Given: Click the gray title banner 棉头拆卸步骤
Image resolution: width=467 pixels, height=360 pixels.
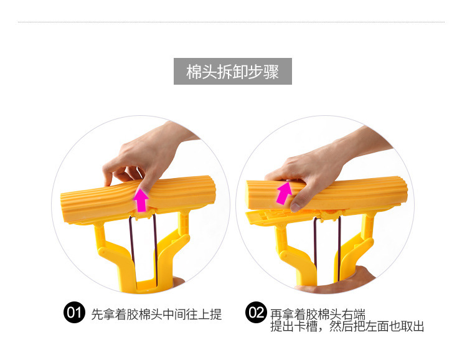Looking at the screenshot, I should tap(232, 72).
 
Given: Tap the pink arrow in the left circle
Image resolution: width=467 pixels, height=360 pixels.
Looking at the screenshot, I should tap(142, 199).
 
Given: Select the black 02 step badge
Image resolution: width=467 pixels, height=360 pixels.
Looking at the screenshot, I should tap(256, 313).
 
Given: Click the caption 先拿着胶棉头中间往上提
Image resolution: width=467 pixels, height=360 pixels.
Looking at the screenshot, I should tap(156, 314).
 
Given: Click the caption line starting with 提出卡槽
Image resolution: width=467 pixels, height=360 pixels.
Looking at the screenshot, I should tap(347, 327).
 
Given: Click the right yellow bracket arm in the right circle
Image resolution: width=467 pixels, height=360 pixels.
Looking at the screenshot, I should tap(361, 249).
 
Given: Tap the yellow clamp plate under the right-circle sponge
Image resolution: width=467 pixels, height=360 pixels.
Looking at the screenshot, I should tap(274, 216).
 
